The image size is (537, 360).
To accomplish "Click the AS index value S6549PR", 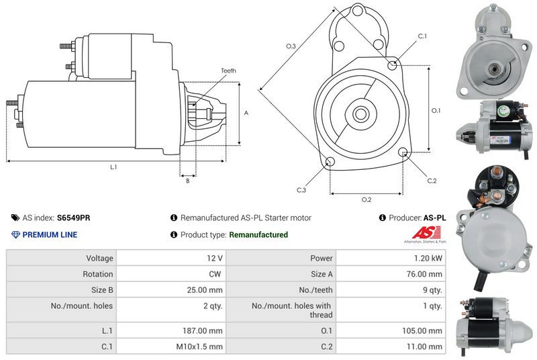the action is pyautogui.click(x=74, y=218).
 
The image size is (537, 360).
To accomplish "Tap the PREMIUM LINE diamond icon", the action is pyautogui.click(x=15, y=234).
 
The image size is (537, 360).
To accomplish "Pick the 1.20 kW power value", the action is pyautogui.click(x=428, y=259).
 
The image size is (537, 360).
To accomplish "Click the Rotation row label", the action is pyautogui.click(x=97, y=274).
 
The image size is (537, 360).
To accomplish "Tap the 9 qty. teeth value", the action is pyautogui.click(x=432, y=290).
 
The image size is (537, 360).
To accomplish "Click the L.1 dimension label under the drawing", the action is pyautogui.click(x=113, y=167).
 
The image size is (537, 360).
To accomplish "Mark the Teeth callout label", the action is pyautogui.click(x=228, y=71).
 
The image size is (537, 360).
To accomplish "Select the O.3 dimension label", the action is pyautogui.click(x=291, y=46).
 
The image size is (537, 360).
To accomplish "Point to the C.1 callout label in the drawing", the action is pyautogui.click(x=422, y=36).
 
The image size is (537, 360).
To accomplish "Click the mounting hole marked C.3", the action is pyautogui.click(x=330, y=161).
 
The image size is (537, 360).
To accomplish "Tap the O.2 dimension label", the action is pyautogui.click(x=367, y=199).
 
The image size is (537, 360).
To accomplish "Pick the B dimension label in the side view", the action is pyautogui.click(x=188, y=181).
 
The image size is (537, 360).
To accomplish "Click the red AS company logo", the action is pyautogui.click(x=426, y=233).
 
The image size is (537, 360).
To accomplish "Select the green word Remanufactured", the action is pyautogui.click(x=258, y=234).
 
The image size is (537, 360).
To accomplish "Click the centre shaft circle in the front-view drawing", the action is pyautogui.click(x=360, y=114).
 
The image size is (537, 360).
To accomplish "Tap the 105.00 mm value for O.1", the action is pyautogui.click(x=422, y=331).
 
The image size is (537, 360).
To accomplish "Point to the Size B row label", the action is pyautogui.click(x=102, y=290).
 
